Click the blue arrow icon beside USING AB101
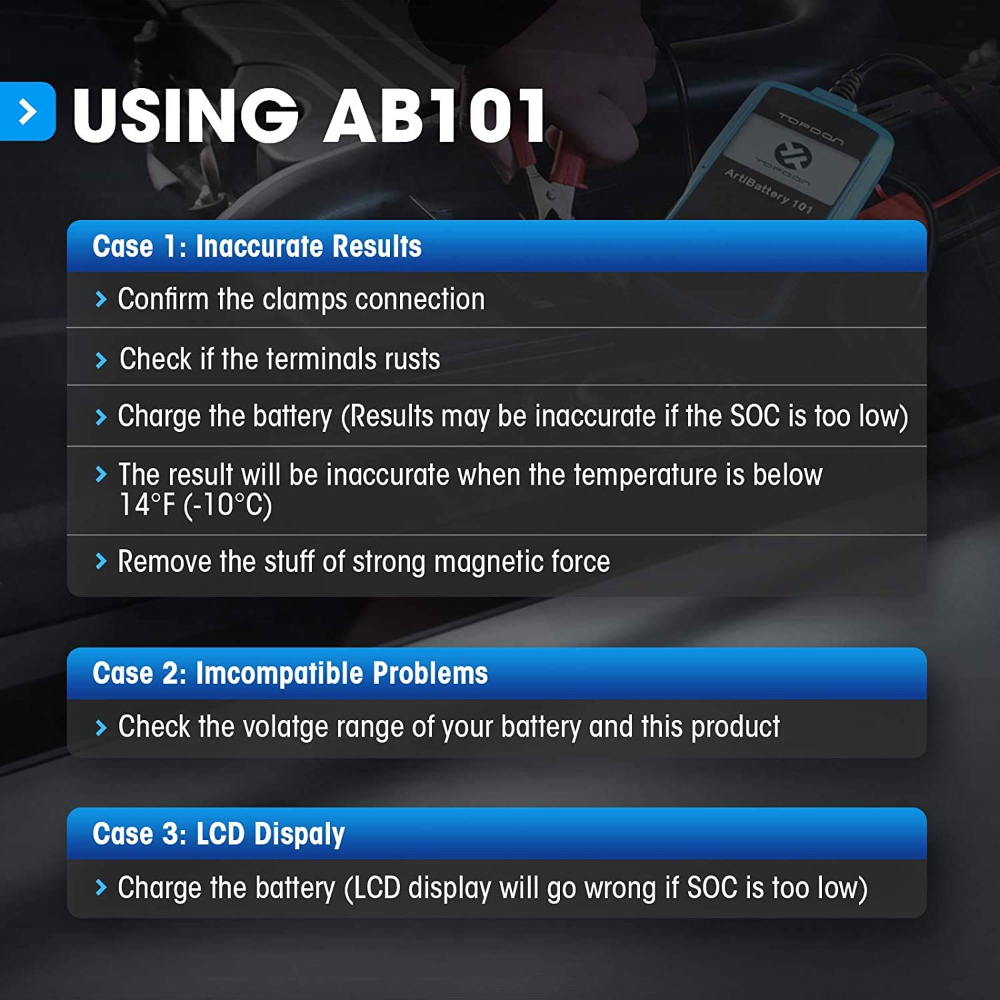(27, 111)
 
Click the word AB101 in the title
(435, 116)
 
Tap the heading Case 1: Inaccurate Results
(257, 246)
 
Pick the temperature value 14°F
(147, 505)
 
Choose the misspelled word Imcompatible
(279, 673)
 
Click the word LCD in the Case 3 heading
(220, 835)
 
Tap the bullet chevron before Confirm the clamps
(101, 299)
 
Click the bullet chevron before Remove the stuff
(101, 561)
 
